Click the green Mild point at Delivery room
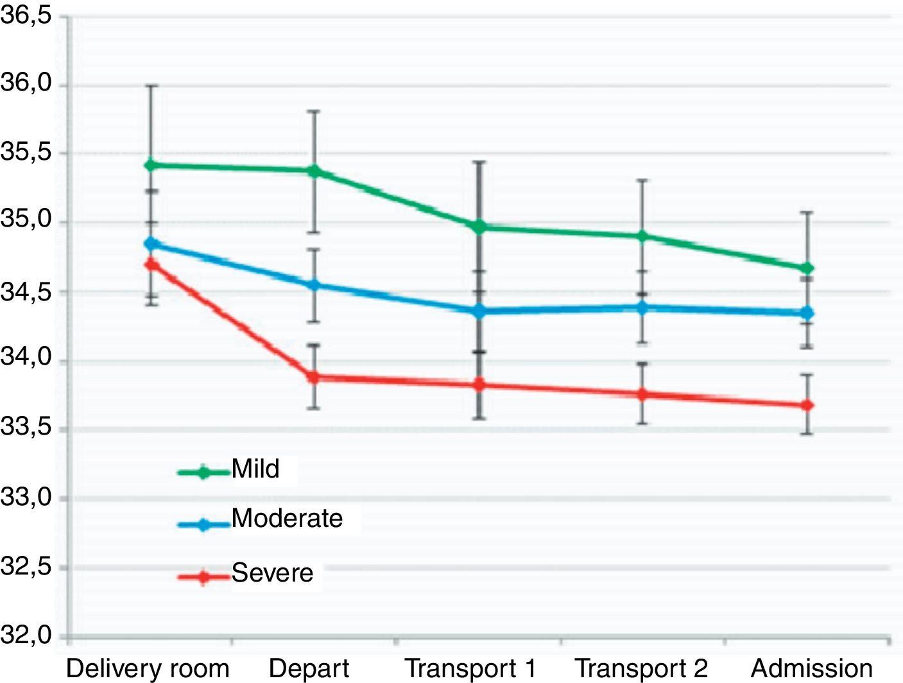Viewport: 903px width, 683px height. (151, 165)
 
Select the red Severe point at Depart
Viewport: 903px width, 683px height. (314, 377)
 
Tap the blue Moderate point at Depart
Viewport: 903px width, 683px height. (314, 284)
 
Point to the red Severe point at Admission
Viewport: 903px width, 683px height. (807, 405)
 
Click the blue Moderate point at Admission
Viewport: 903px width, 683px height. (807, 313)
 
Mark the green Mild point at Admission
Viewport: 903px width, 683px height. (807, 268)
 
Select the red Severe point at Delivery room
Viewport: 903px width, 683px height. (151, 264)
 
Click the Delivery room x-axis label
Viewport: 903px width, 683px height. (148, 668)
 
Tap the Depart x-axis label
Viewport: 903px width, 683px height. (309, 668)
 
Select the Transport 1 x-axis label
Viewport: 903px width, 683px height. (470, 668)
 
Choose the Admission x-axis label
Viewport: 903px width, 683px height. (812, 668)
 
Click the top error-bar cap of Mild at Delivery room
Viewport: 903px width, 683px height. (151, 85)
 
